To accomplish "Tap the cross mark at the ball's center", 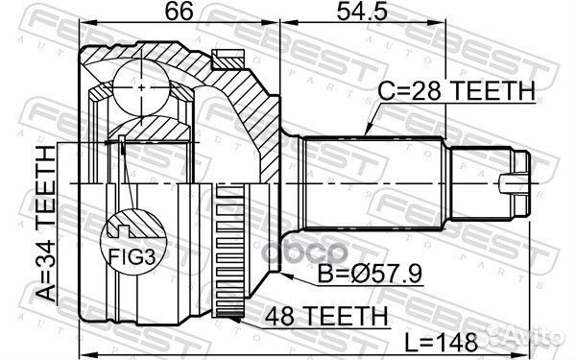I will (142, 88).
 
